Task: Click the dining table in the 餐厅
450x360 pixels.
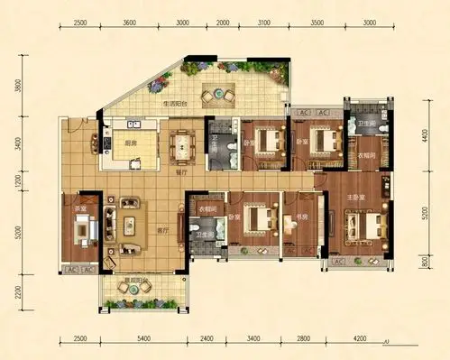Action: pos(183,143)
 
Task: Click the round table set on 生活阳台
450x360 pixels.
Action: pos(216,93)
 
